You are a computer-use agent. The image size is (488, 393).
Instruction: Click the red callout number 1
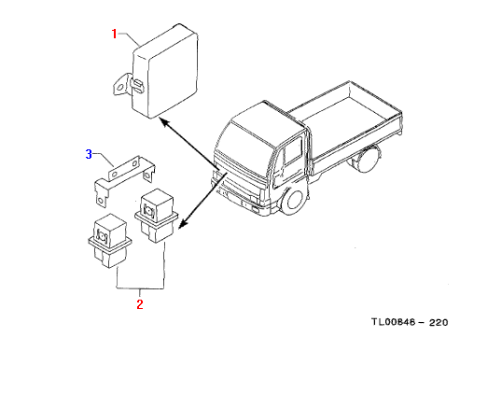[x=114, y=34]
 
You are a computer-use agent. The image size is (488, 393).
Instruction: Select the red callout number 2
[x=140, y=304]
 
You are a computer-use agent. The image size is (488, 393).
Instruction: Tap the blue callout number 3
[x=89, y=154]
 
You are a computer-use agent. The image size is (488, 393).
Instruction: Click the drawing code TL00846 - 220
[x=410, y=322]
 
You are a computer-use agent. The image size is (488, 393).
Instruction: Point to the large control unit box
[x=165, y=71]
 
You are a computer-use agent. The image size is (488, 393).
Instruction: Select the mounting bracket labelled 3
[x=124, y=178]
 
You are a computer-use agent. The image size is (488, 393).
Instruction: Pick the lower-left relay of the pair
[x=109, y=241]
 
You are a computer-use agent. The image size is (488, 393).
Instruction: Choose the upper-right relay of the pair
[x=156, y=216]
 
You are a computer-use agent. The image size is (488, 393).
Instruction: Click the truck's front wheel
[x=294, y=201]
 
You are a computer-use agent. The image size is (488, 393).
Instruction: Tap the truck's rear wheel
[x=368, y=159]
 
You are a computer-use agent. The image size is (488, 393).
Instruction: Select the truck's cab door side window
[x=293, y=152]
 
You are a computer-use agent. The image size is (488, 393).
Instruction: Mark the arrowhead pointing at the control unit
[x=164, y=121]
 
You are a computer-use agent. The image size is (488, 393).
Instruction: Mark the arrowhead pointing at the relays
[x=183, y=223]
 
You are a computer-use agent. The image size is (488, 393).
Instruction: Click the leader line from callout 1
[x=129, y=38]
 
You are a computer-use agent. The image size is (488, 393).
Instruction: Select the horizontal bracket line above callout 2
[x=140, y=288]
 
